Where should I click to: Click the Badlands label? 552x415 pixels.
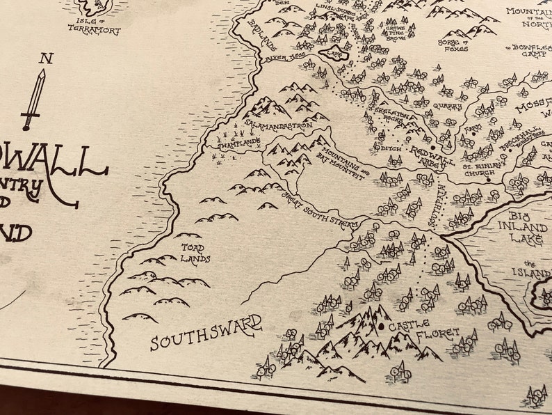(x=263, y=31)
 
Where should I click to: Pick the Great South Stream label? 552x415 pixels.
(x=320, y=212)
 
